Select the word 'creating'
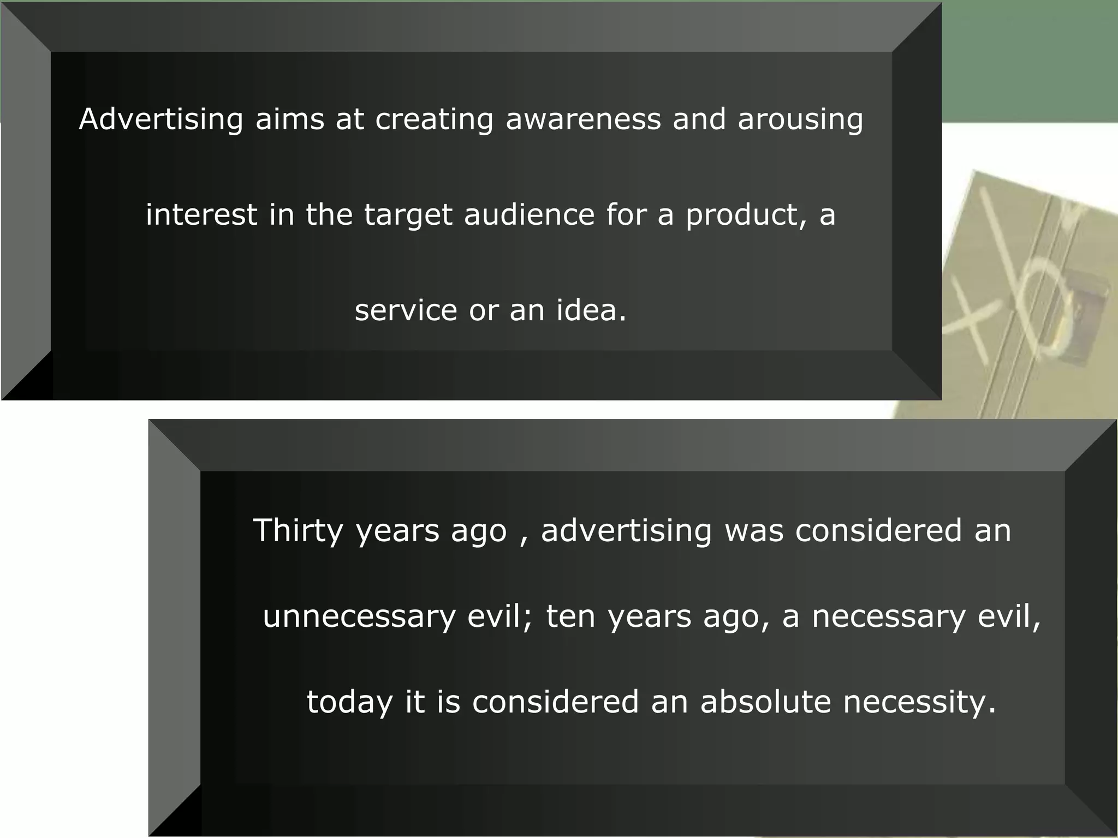tap(434, 120)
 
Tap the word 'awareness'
tap(583, 119)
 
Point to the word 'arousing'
tap(800, 120)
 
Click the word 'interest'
tap(201, 214)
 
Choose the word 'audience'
tap(529, 214)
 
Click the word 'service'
tap(406, 310)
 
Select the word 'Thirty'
tap(298, 531)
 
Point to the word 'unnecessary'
tap(359, 617)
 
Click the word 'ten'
tap(570, 617)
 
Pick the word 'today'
tap(349, 702)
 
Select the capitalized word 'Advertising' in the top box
tap(161, 120)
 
